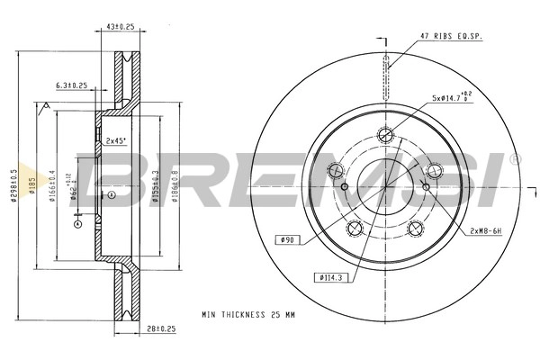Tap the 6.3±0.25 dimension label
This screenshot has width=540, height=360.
click(71, 85)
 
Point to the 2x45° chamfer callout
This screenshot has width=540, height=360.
click(114, 141)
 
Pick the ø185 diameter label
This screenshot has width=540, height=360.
click(31, 186)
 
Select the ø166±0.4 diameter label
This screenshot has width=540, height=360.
click(51, 187)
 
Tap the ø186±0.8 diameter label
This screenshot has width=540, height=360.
click(174, 187)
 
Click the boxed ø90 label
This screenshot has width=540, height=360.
click(287, 239)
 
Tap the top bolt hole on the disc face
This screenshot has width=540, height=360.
click(385, 136)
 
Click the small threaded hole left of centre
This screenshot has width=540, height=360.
click(346, 187)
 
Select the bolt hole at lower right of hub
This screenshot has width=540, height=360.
click(415, 228)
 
